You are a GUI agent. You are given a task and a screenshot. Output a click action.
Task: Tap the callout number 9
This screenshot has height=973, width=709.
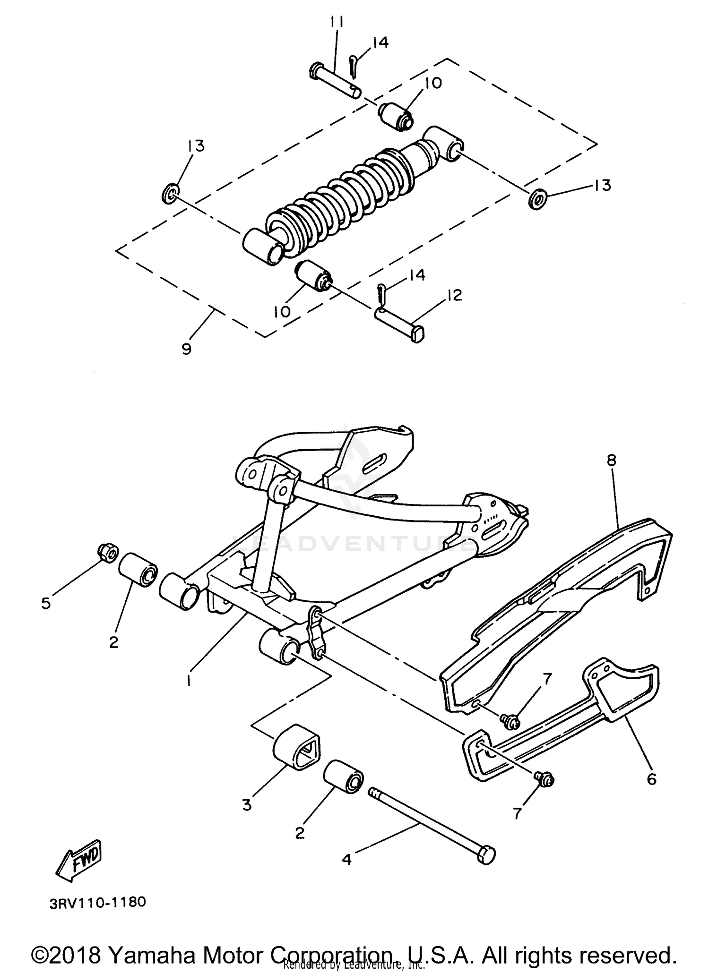pyautogui.click(x=186, y=350)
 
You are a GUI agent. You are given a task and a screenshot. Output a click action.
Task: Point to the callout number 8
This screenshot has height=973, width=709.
pyautogui.click(x=612, y=460)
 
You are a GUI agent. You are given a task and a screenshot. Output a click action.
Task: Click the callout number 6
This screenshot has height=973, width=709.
pyautogui.click(x=651, y=779)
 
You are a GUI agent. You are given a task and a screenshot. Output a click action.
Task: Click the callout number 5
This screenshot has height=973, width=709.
pyautogui.click(x=46, y=603)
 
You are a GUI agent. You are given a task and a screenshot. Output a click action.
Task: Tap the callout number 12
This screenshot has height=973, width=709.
pyautogui.click(x=453, y=295)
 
